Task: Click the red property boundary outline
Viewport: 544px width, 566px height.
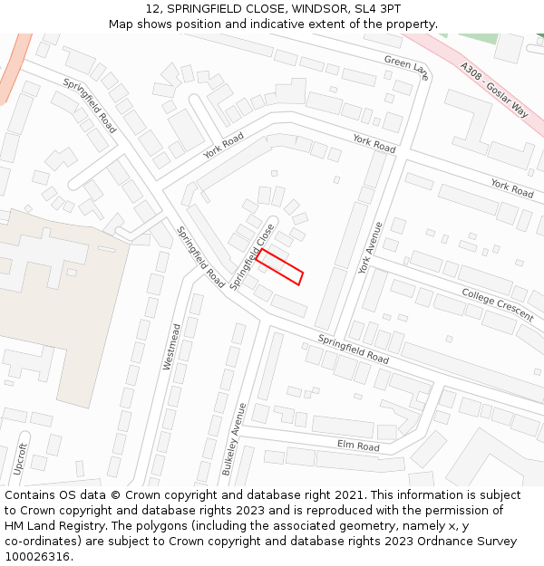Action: tap(279, 267)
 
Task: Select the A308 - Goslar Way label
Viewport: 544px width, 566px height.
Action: tap(494, 90)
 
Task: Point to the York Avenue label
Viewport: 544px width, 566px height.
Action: tap(370, 247)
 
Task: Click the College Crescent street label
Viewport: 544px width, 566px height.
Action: tap(497, 304)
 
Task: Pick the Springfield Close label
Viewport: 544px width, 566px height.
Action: tap(252, 256)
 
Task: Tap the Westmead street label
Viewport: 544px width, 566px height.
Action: tap(171, 346)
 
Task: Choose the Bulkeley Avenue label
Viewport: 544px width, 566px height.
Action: tap(234, 438)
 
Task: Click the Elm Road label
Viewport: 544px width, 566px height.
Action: tap(358, 446)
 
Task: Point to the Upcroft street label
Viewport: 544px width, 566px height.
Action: tap(21, 459)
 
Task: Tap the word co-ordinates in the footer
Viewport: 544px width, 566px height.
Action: tap(41, 542)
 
